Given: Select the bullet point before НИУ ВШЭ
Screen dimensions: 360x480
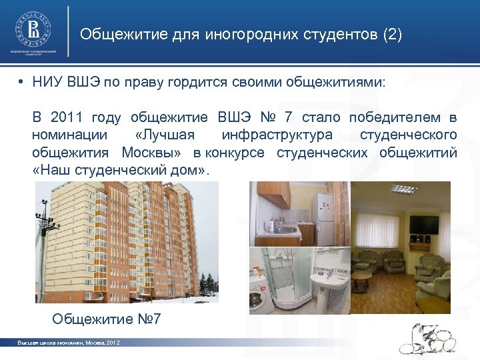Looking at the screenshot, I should (22, 83).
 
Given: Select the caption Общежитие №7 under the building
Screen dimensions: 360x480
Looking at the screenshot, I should (107, 318).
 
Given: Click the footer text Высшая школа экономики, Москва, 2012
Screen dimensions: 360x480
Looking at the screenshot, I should (68, 343).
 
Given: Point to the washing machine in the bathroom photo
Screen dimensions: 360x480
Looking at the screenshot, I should (261, 297).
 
